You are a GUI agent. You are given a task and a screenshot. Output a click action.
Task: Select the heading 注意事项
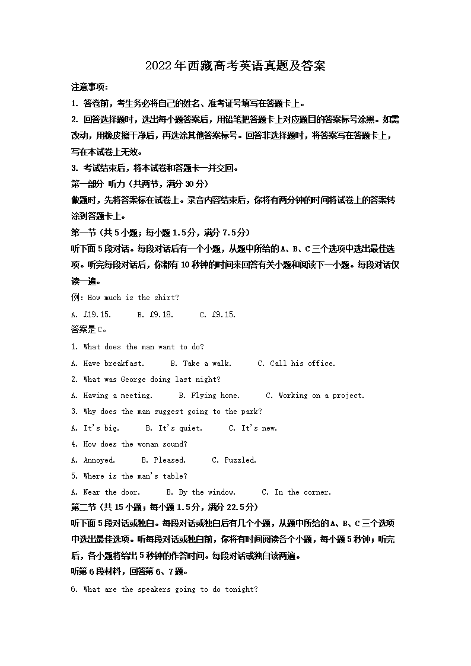[89, 87]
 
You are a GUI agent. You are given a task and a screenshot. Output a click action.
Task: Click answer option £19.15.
[97, 314]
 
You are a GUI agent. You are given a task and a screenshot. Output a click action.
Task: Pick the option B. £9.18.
[155, 314]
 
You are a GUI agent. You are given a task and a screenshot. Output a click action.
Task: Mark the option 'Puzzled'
[240, 460]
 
